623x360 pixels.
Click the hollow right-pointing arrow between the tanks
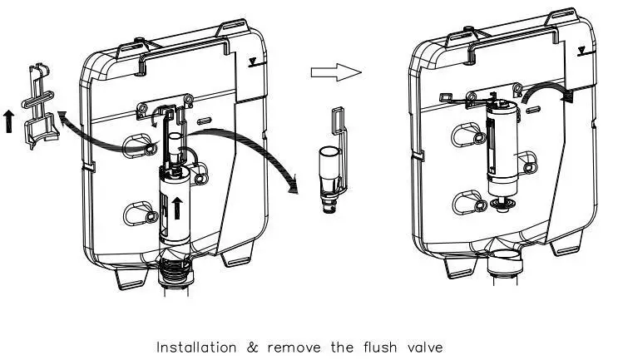(336, 72)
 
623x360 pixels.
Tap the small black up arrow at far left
(8, 122)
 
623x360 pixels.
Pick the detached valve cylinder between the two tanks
(329, 175)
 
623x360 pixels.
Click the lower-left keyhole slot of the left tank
(136, 214)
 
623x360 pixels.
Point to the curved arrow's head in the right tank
(568, 97)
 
